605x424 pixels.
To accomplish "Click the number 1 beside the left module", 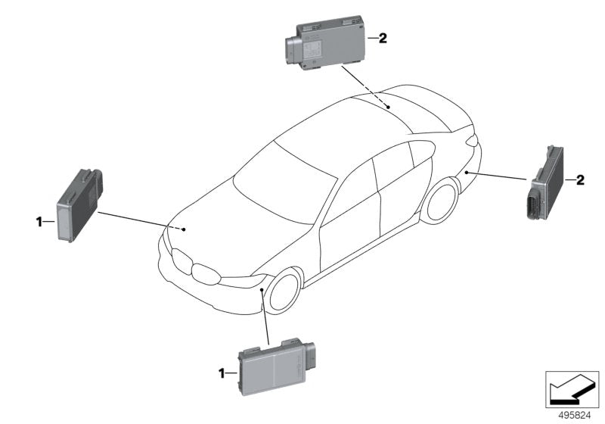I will coord(38,221).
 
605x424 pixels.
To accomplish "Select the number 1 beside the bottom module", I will coord(222,373).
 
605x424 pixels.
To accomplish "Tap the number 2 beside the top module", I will coord(383,37).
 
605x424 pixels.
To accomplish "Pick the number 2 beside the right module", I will coord(580,179).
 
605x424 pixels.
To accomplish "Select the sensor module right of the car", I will coord(547,182).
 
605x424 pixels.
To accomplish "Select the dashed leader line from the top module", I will coord(365,87).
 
